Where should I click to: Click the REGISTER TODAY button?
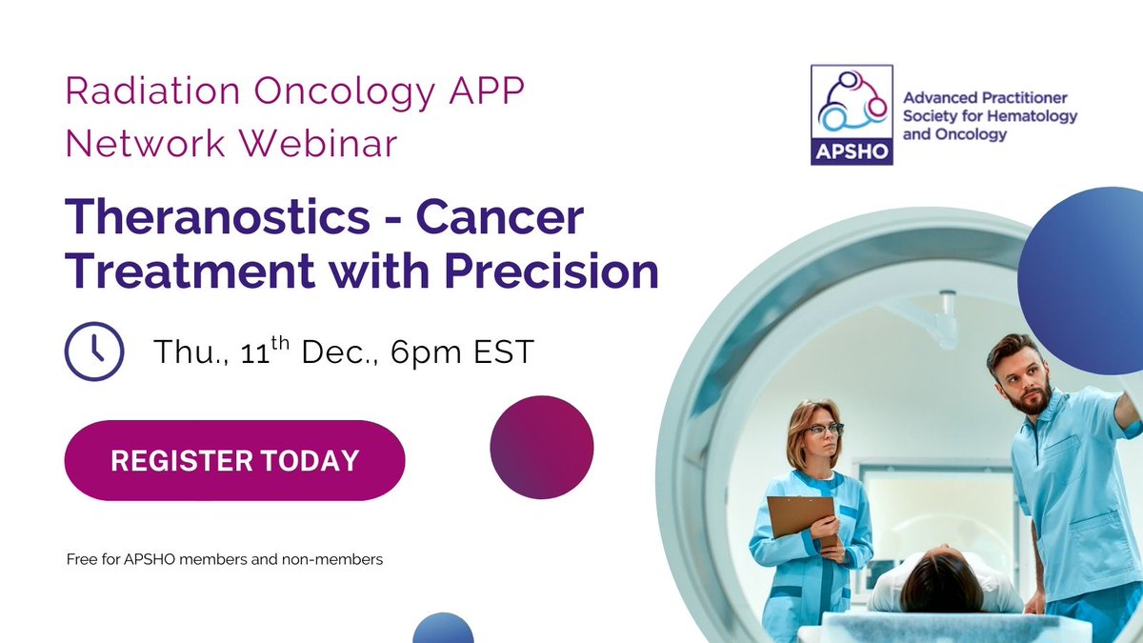pos(234,460)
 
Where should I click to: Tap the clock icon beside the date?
pos(93,352)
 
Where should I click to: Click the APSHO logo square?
pos(852,114)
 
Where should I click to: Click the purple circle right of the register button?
pos(542,448)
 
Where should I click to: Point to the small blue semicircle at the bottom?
pos(443,631)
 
